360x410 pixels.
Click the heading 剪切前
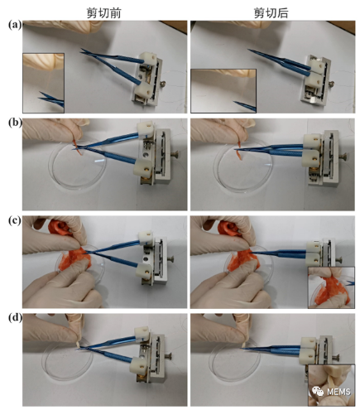click(x=104, y=13)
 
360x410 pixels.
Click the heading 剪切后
click(x=271, y=13)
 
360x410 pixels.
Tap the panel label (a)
click(x=15, y=25)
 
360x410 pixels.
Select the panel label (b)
click(x=15, y=123)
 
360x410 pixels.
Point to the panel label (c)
click(x=15, y=220)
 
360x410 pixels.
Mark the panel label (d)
click(x=15, y=318)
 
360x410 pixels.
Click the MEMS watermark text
click(x=338, y=392)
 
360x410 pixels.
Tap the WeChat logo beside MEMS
click(x=319, y=391)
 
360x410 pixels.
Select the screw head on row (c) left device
click(x=172, y=258)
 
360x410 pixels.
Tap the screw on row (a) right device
click(x=331, y=84)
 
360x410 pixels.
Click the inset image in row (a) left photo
click(x=43, y=83)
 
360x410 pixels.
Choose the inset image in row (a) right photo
click(x=223, y=91)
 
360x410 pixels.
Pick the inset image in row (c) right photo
click(x=331, y=287)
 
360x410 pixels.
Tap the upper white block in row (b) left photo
click(x=144, y=128)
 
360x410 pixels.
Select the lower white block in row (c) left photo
click(x=143, y=270)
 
